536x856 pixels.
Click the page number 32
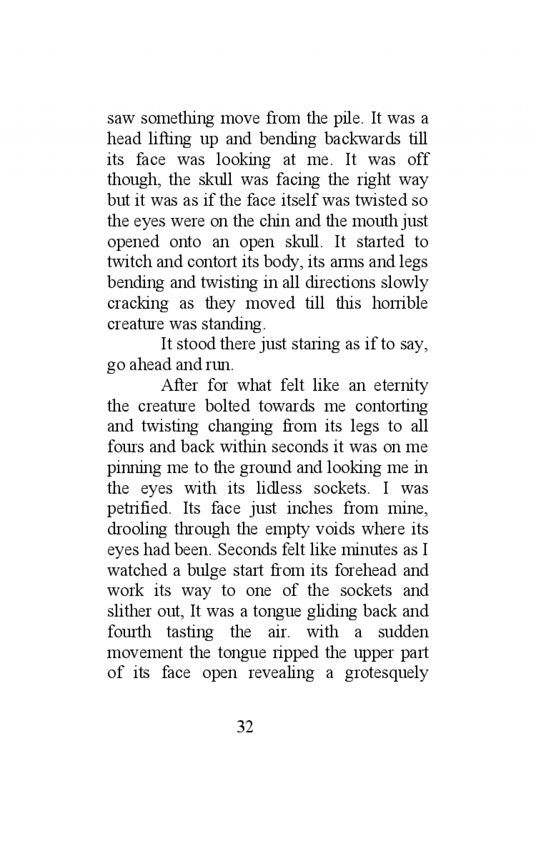(x=245, y=727)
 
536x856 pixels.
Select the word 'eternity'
(x=400, y=385)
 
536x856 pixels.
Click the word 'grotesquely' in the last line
(x=386, y=673)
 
